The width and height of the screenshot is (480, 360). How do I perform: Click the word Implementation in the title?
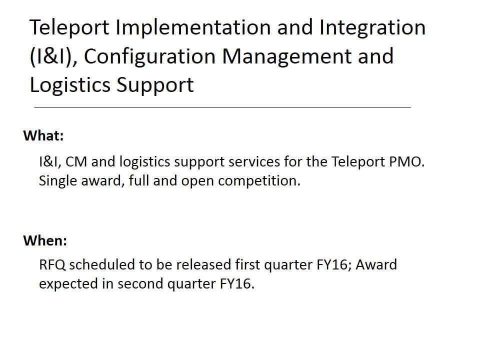[x=193, y=28]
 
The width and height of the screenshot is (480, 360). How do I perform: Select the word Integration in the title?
[x=372, y=28]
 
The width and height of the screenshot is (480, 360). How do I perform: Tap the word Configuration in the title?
[x=149, y=57]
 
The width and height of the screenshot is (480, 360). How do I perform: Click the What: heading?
[x=43, y=135]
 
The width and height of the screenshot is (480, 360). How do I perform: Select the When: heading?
[x=45, y=240]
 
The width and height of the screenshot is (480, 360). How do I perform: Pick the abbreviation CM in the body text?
[x=76, y=161]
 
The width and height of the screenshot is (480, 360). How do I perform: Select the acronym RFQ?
[x=52, y=265]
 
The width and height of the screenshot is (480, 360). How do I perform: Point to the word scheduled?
[x=102, y=265]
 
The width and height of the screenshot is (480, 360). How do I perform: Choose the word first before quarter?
[x=247, y=265]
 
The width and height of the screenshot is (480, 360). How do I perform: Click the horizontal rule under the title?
[x=222, y=108]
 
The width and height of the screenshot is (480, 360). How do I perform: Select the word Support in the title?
[x=155, y=85]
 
